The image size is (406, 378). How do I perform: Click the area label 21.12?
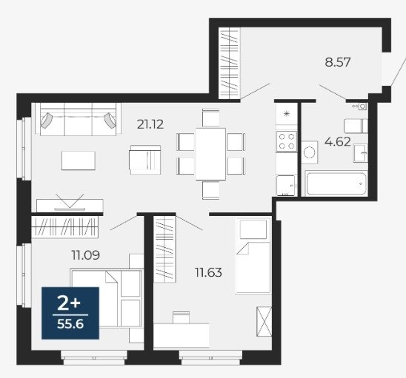pos(150,124)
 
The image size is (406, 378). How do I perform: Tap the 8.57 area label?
pos(338,62)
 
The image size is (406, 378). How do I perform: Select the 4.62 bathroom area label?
pos(338,142)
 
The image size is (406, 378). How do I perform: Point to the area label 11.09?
pos(86,255)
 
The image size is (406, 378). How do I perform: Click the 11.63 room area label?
pos(208,272)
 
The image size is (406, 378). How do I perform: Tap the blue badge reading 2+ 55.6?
pos(70,313)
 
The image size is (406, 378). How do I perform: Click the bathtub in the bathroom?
pos(336,183)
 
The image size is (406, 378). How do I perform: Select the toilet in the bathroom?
pos(356,126)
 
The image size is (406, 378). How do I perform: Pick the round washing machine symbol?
pos(310,152)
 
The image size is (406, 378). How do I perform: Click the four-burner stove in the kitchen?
pos(287,141)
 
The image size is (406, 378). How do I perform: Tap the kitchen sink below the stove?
pos(286,186)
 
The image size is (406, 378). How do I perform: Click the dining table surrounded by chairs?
pos(210,154)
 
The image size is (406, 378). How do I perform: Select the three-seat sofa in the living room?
pos(78,119)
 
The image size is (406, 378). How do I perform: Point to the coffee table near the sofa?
pos(79,161)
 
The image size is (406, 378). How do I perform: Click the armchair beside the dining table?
pos(145,160)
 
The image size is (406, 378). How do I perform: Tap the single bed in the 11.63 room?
pos(253,256)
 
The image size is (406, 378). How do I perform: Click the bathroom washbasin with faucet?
pos(361,153)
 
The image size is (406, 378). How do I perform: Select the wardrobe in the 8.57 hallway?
pos(229,64)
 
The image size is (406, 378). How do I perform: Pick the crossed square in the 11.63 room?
pos(264,321)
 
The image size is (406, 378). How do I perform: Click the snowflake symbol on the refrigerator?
pos(287,114)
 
